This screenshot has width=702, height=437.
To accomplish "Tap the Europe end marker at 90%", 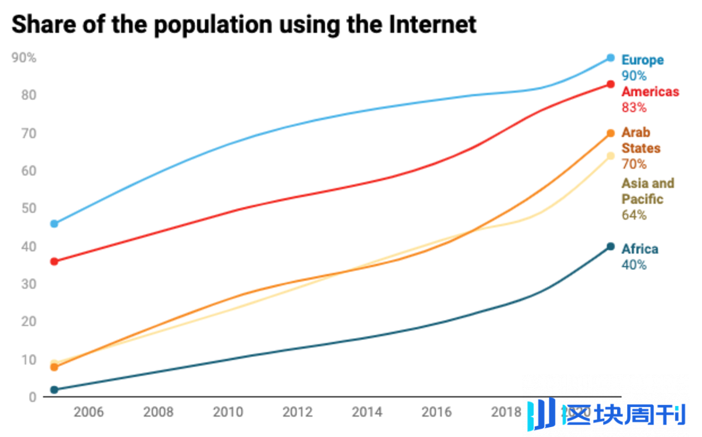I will [610, 58].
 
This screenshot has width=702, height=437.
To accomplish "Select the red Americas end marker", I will [610, 84].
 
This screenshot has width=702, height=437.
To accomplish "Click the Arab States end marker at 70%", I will [610, 133].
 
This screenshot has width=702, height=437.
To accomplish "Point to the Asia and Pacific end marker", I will [610, 156].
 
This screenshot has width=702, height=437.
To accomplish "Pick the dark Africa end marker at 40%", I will [610, 246].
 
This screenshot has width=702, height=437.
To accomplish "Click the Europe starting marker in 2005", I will [54, 223].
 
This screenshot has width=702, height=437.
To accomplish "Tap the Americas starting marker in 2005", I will [54, 261].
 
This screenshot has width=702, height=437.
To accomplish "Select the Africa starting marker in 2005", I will [54, 390].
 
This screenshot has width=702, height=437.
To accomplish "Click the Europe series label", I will [642, 60].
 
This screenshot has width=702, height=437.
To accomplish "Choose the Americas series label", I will [650, 92].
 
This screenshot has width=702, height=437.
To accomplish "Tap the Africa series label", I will [639, 249].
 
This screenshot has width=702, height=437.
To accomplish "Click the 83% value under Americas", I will [634, 108].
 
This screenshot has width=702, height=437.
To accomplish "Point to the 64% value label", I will [634, 215].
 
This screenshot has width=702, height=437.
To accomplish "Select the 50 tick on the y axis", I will [29, 208].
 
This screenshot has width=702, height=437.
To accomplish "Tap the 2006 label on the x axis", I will [88, 412].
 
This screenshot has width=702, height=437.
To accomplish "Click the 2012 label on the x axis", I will [298, 412].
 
